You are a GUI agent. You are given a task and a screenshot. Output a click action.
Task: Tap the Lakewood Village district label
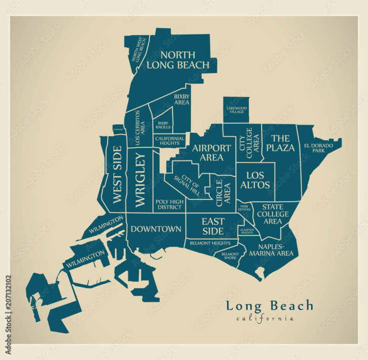[236, 110]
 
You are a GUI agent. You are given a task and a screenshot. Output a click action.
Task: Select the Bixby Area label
[181, 99]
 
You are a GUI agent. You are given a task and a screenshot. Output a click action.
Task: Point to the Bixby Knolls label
[163, 125]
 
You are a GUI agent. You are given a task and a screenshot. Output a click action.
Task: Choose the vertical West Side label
[117, 174]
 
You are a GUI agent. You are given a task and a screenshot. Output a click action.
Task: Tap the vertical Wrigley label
[140, 180]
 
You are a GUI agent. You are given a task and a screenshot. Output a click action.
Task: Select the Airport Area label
[207, 152]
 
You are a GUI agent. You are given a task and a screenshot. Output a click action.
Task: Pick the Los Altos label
[255, 180]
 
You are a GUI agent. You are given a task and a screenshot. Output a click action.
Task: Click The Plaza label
[281, 142]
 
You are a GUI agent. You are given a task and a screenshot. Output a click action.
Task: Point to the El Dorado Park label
[318, 147]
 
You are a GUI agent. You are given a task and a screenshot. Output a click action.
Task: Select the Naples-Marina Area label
[271, 249]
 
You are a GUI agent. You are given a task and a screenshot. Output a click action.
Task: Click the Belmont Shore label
[230, 255]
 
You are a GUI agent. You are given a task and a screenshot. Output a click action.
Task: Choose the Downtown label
[156, 229]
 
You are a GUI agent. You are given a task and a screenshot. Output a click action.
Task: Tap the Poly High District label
[169, 204]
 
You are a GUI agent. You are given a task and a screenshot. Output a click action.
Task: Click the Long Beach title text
[269, 305]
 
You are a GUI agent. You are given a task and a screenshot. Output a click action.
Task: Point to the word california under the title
[264, 318]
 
